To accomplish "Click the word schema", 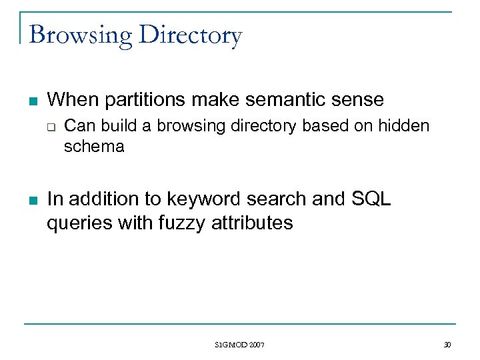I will (94, 146).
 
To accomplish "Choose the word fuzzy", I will (182, 222).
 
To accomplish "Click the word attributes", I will (252, 222).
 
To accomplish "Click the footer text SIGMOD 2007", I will (240, 345).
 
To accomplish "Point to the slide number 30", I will (447, 345).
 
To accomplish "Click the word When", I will (69, 100).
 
